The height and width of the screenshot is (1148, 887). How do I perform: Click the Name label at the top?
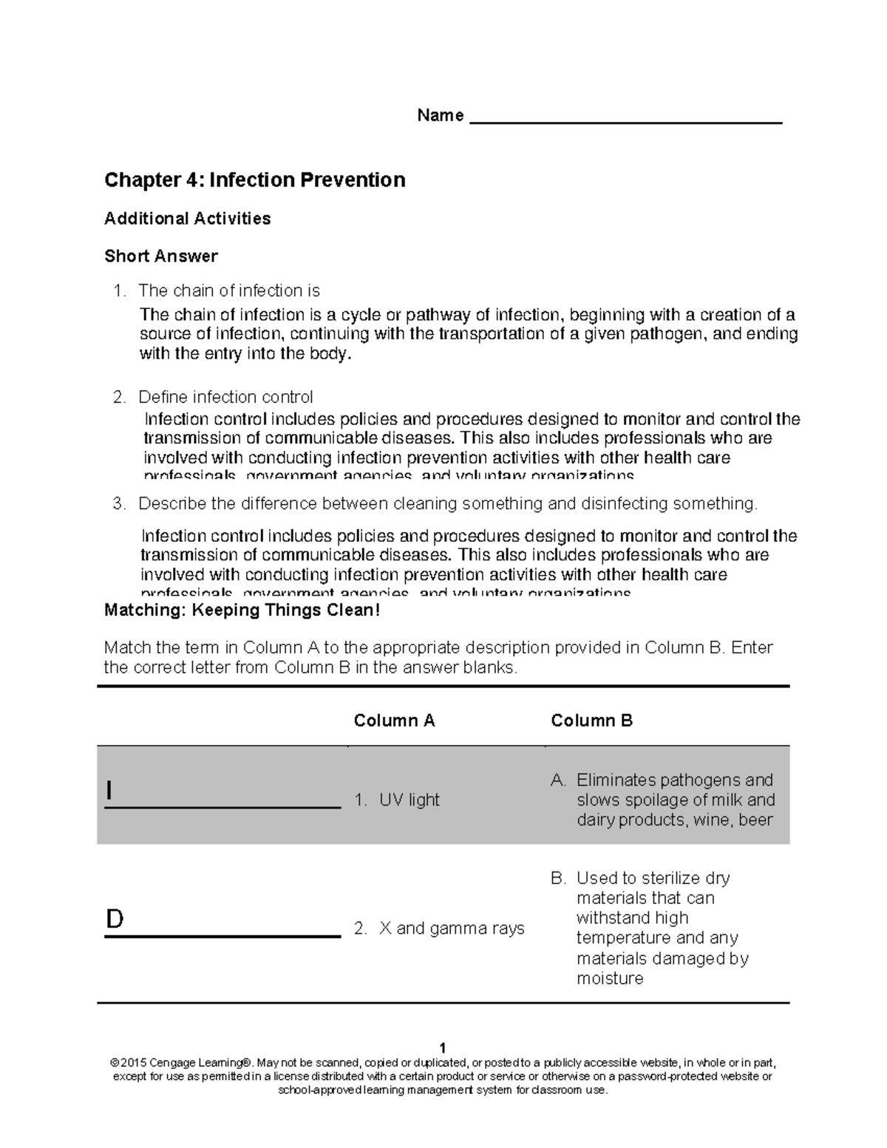pyautogui.click(x=440, y=115)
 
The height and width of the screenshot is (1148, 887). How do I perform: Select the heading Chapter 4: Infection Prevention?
pyautogui.click(x=254, y=180)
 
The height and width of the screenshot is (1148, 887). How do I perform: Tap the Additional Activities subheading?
pyautogui.click(x=187, y=218)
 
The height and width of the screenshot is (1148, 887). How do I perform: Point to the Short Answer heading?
pyautogui.click(x=160, y=256)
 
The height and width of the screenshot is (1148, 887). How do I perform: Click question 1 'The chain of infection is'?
pyautogui.click(x=228, y=291)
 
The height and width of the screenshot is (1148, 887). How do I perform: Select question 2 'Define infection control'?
pyautogui.click(x=225, y=397)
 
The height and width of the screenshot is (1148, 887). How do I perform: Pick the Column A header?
pyautogui.click(x=394, y=721)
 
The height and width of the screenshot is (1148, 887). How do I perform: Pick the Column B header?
pyautogui.click(x=591, y=721)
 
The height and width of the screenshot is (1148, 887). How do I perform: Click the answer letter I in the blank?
pyautogui.click(x=109, y=791)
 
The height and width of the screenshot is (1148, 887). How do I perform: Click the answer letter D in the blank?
pyautogui.click(x=115, y=919)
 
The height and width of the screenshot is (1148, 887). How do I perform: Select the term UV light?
pyautogui.click(x=409, y=800)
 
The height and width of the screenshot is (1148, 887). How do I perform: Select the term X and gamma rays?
pyautogui.click(x=451, y=928)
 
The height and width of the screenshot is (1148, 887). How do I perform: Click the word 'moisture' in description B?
pyautogui.click(x=610, y=979)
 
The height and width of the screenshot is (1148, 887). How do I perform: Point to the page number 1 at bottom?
pyautogui.click(x=442, y=1048)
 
